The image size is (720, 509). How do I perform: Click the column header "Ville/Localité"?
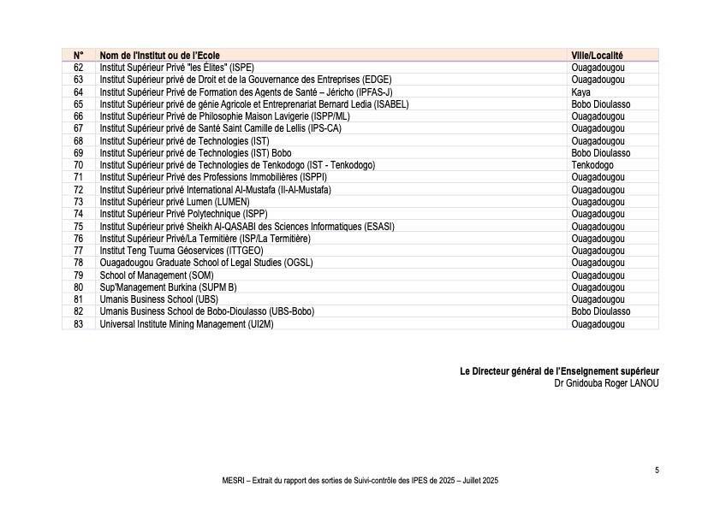597,55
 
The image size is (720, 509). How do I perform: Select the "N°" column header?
78,55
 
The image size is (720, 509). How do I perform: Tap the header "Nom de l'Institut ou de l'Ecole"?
159,55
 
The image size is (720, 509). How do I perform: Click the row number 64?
78,92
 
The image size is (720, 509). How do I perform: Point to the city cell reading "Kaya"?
580,92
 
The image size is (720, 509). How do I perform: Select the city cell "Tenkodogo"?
592,165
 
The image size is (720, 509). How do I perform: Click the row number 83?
78,324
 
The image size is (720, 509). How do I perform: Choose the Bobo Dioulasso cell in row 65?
600,104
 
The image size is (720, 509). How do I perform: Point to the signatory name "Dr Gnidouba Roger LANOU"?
606,383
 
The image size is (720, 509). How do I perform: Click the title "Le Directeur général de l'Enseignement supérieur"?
559,371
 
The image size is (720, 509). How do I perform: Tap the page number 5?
657,470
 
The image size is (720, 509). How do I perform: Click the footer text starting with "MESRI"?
360,482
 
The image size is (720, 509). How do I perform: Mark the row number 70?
78,165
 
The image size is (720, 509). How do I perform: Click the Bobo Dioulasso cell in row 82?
600,311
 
